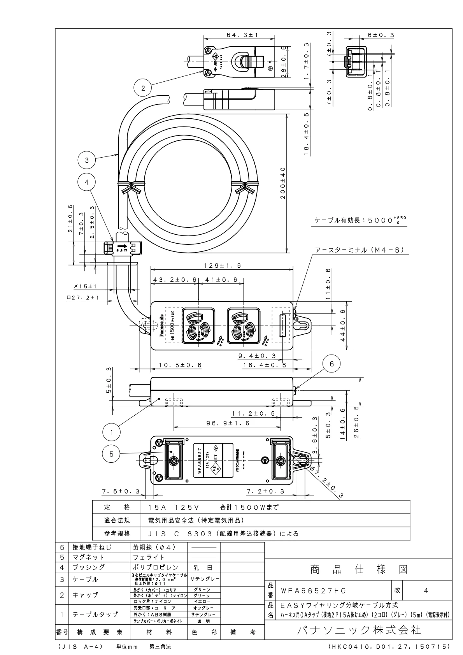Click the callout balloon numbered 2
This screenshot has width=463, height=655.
coord(143,88)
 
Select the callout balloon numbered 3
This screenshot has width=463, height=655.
coord(87,160)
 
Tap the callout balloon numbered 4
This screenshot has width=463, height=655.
coord(87,182)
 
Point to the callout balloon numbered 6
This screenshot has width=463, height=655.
coord(332,363)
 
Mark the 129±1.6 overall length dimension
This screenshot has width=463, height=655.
coord(222,266)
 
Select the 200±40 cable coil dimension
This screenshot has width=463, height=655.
coord(283,183)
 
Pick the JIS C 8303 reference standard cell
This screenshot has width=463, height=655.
coord(223,534)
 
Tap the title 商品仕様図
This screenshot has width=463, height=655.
coord(359,570)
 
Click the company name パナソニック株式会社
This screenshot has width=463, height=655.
coord(359,630)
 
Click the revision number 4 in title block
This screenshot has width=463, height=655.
coord(426,590)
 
